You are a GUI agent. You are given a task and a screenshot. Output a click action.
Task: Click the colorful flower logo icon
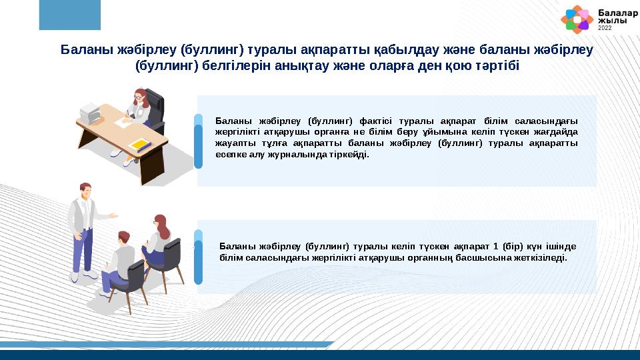577,19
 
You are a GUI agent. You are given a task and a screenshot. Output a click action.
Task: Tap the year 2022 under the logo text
604,29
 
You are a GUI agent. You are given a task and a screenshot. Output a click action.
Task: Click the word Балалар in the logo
614,12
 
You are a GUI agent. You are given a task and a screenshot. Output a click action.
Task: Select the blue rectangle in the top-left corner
69,15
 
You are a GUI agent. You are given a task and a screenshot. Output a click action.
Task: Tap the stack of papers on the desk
89,113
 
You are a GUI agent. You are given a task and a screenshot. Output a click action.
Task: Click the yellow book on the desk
139,145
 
